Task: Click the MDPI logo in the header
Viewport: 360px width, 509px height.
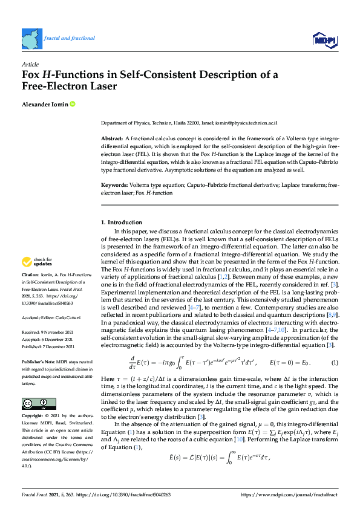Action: click(x=324, y=39)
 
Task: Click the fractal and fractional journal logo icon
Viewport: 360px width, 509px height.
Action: click(x=31, y=38)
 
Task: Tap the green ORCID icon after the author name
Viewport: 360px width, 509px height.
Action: click(x=73, y=105)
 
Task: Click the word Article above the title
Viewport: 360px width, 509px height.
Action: click(x=29, y=63)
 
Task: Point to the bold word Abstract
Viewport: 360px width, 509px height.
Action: click(x=111, y=139)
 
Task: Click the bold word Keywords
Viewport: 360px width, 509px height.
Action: click(x=113, y=184)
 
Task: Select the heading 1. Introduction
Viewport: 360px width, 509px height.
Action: click(x=122, y=222)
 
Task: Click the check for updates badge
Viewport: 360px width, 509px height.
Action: click(x=37, y=262)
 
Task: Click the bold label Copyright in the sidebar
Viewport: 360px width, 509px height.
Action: click(x=33, y=417)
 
